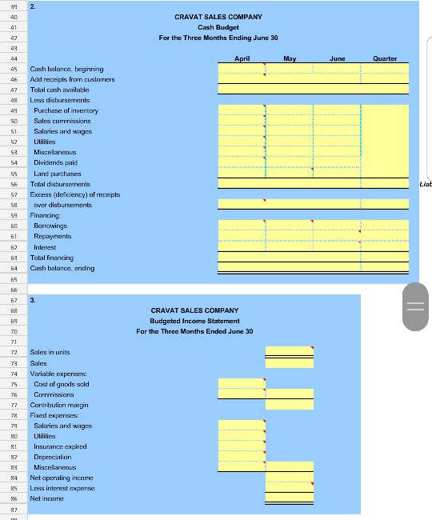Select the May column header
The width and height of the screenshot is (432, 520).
tap(289, 58)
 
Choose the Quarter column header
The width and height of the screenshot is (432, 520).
tap(386, 58)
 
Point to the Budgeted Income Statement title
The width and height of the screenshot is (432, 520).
tap(194, 321)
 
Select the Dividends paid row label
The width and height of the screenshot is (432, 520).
tap(55, 162)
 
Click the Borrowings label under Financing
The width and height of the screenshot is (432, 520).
tap(51, 226)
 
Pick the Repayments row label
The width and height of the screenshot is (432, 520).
tap(53, 237)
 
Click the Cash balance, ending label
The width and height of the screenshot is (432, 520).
tap(62, 269)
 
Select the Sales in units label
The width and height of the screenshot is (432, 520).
tap(50, 352)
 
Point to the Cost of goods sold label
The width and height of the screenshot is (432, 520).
tap(62, 384)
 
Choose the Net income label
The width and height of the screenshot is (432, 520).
tap(47, 498)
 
